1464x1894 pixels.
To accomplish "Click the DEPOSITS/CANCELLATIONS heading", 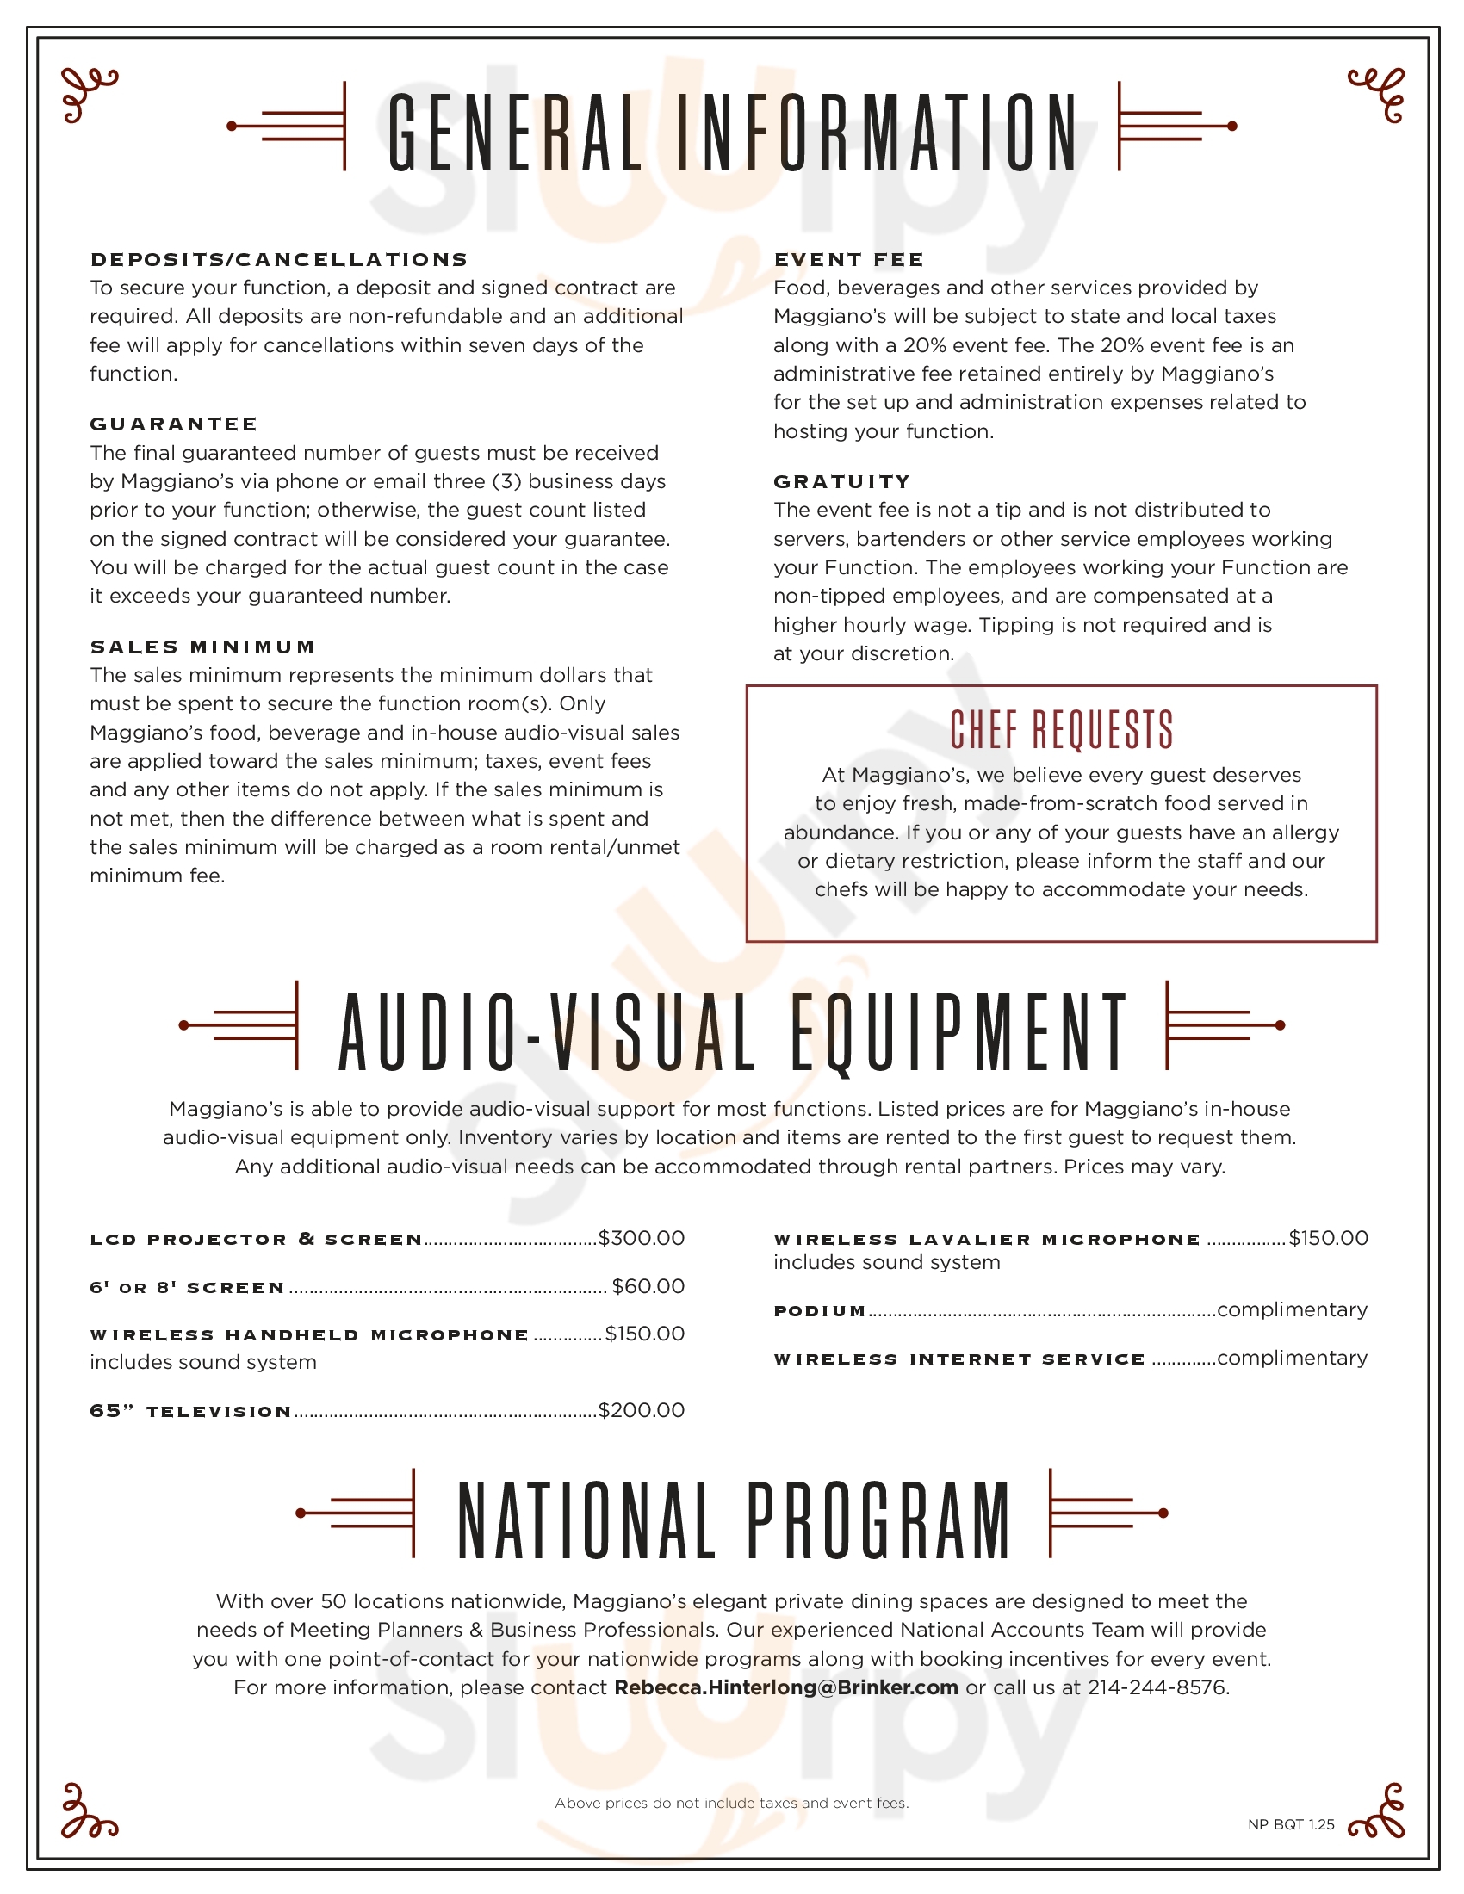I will pos(278,259).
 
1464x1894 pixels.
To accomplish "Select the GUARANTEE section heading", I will pos(173,424).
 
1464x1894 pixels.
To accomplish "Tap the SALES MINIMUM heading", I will pos(203,647).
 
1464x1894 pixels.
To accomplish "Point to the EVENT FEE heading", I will pos(848,259).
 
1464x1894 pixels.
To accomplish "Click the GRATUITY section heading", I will pos(842,481).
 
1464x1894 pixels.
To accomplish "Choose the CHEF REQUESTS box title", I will pos(1061,729).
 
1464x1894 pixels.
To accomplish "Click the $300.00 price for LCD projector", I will pos(641,1238).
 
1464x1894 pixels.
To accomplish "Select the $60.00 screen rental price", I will pos(648,1286).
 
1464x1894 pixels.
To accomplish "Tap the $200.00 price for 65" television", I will pos(641,1410).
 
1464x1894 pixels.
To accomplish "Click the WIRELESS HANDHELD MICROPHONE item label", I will pos(309,1334).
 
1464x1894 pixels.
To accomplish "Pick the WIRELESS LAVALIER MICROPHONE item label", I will pos(986,1239).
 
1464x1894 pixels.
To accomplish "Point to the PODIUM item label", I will pos(820,1310).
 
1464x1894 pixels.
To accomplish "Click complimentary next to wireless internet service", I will pos(1292,1358).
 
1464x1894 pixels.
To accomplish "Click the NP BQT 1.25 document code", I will pos(1291,1824).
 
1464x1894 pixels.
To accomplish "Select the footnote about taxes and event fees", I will pos(731,1803).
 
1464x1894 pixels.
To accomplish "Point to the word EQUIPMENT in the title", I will pos(958,1032).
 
